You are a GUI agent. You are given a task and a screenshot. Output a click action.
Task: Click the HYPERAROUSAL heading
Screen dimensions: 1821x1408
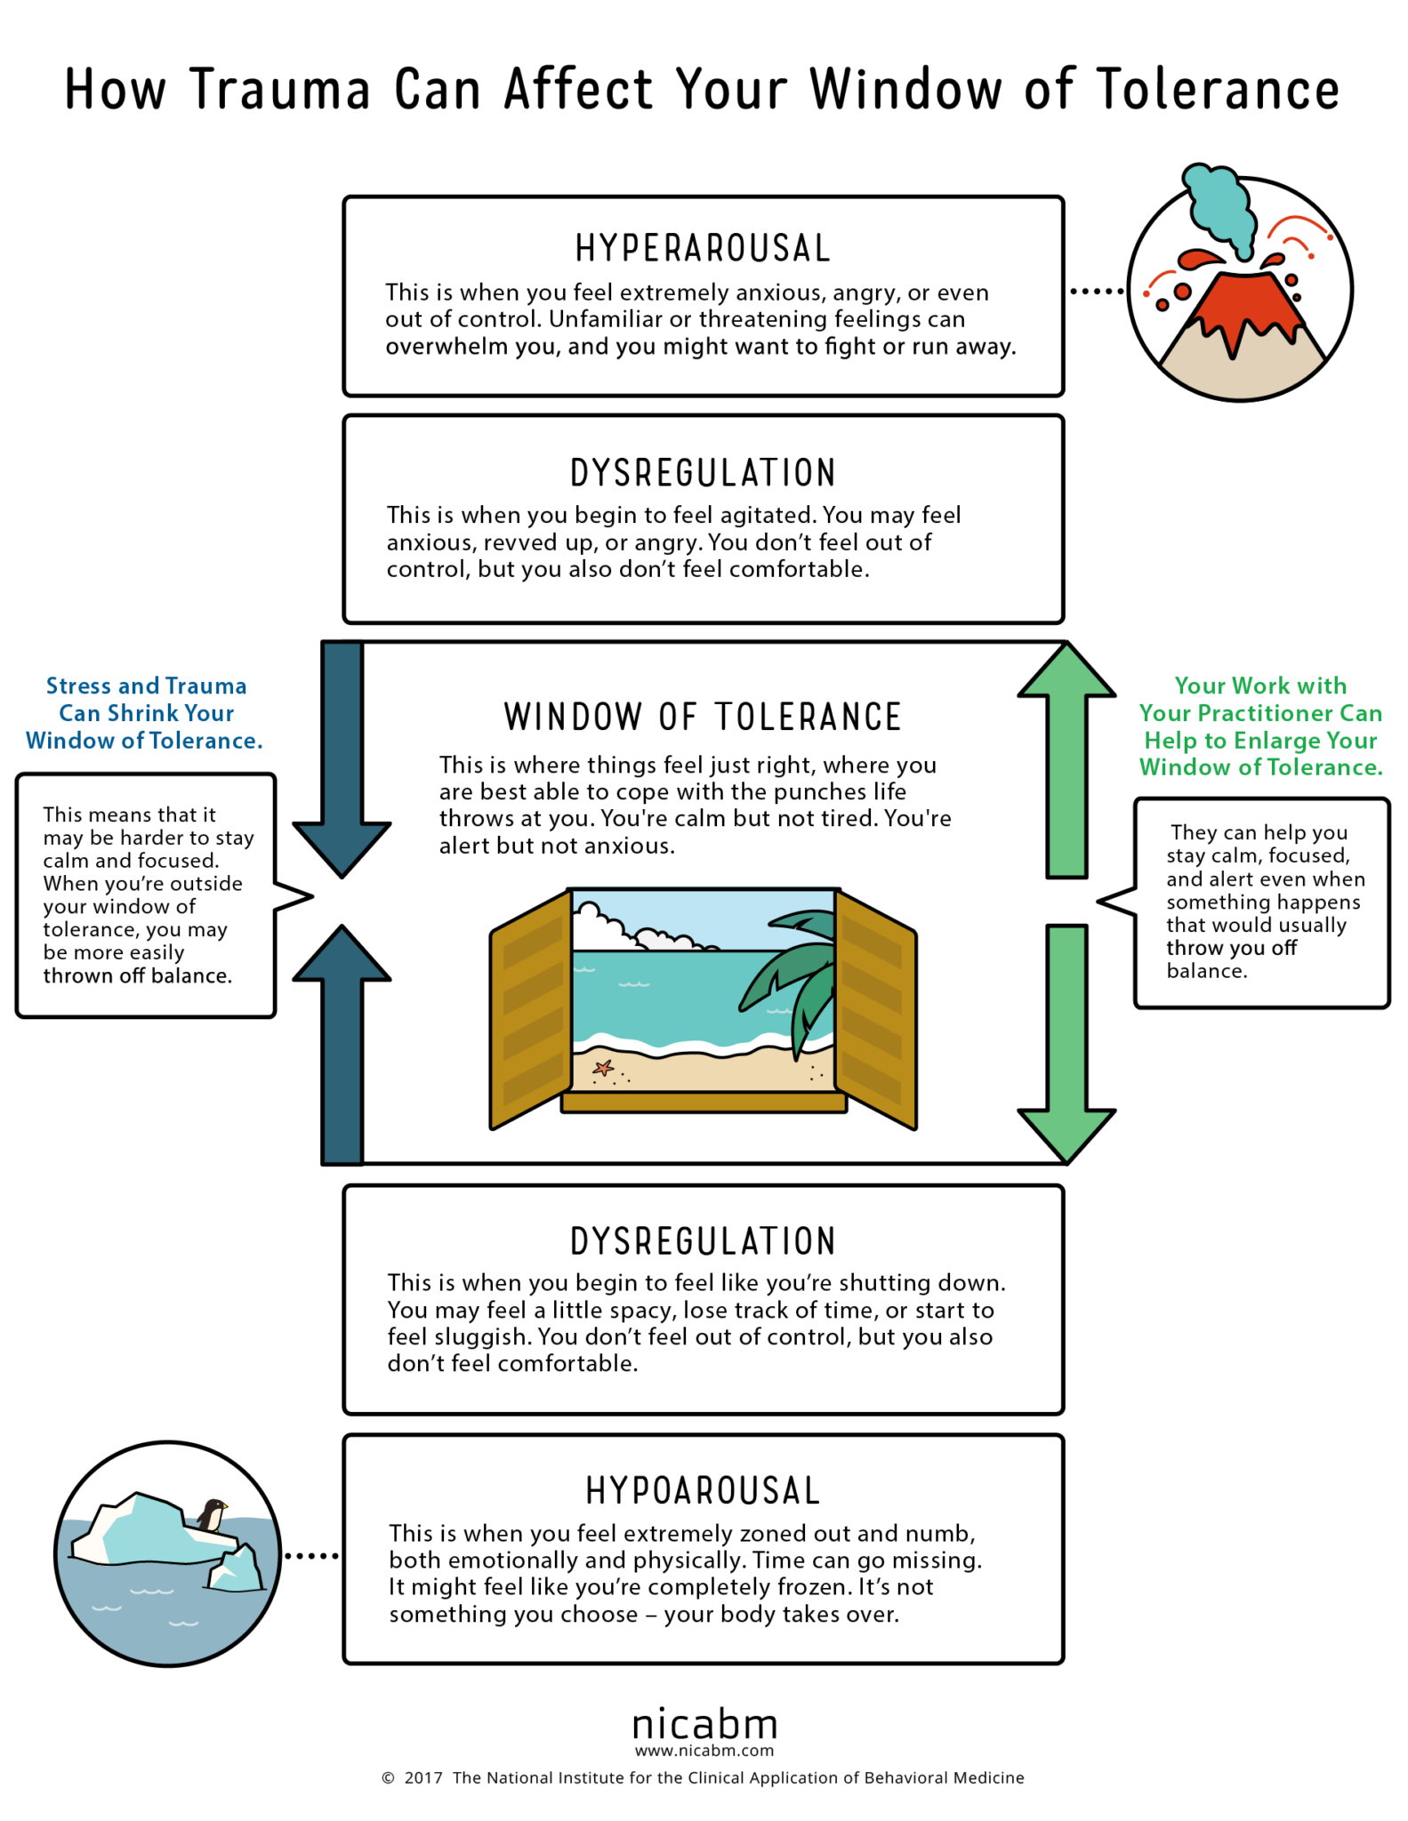(x=703, y=249)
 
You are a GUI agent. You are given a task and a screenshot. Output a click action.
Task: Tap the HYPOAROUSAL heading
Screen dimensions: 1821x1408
(x=703, y=1491)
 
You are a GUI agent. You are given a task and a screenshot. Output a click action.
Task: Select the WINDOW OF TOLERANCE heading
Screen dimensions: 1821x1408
(x=703, y=717)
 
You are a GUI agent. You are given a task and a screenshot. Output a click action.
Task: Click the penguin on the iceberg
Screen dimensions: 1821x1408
(x=212, y=1514)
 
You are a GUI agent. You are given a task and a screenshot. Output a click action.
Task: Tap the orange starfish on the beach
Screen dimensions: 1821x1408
(x=604, y=1067)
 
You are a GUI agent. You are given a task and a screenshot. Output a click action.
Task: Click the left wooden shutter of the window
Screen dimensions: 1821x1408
(x=531, y=1009)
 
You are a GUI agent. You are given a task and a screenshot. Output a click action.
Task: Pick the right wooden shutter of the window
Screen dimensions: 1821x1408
(x=875, y=1009)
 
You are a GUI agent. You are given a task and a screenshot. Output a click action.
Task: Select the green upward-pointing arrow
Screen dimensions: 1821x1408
(x=1066, y=756)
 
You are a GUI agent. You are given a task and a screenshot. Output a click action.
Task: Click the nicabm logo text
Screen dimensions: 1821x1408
(x=704, y=1725)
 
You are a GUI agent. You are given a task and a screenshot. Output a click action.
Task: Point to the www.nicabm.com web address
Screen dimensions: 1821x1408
(x=704, y=1751)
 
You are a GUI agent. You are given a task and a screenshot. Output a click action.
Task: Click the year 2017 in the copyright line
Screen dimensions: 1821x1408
(x=423, y=1777)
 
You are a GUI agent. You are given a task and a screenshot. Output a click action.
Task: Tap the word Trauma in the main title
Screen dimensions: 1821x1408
(x=280, y=90)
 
